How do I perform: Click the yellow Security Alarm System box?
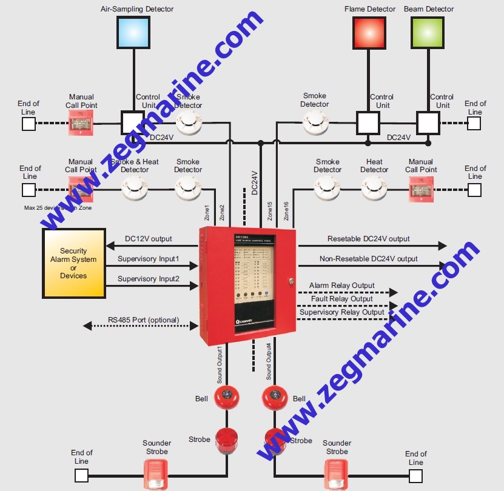[x=73, y=263]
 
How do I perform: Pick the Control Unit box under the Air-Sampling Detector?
[x=133, y=122]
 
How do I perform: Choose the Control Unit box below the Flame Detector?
[x=368, y=122]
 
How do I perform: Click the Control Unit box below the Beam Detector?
[x=428, y=122]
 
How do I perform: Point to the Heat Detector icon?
[x=374, y=189]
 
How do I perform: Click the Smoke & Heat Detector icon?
[x=135, y=189]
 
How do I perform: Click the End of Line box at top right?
[x=474, y=123]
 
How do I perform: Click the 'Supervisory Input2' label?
[x=149, y=279]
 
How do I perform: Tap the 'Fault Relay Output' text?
[x=341, y=299]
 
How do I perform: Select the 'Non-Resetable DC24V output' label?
[x=369, y=259]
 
